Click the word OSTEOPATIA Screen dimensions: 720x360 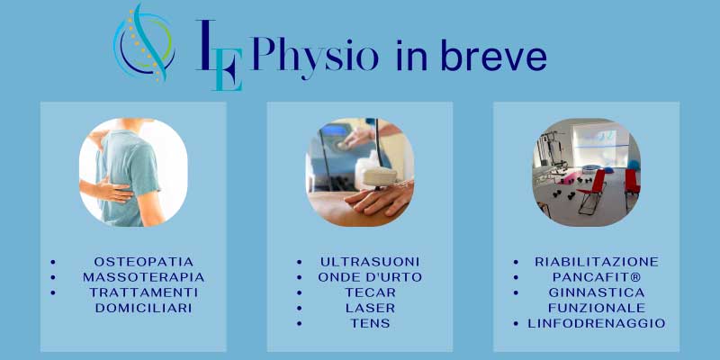pyautogui.click(x=144, y=262)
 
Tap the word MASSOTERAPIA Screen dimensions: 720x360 pyautogui.click(x=144, y=277)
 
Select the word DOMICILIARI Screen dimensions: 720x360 pyautogui.click(x=144, y=308)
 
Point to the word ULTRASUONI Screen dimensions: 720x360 pyautogui.click(x=370, y=262)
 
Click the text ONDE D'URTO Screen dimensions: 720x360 pyautogui.click(x=370, y=277)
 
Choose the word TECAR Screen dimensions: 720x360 pyautogui.click(x=370, y=292)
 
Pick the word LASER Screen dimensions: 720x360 pyautogui.click(x=370, y=308)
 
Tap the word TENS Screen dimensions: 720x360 pyautogui.click(x=370, y=323)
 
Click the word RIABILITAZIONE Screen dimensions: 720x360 pyautogui.click(x=597, y=262)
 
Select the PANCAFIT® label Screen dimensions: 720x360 pyautogui.click(x=597, y=277)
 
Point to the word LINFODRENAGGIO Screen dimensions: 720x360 pyautogui.click(x=597, y=323)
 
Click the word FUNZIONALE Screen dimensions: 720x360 pyautogui.click(x=597, y=308)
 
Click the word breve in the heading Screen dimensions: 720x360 pyautogui.click(x=493, y=55)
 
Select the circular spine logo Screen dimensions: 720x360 pyautogui.click(x=144, y=42)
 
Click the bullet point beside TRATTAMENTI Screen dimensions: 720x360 pyautogui.click(x=53, y=292)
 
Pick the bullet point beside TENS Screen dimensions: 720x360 pyautogui.click(x=300, y=323)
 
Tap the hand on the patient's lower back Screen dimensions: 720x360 pyautogui.click(x=109, y=189)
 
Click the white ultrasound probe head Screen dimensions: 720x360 pyautogui.click(x=380, y=176)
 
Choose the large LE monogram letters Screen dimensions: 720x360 pyautogui.click(x=220, y=55)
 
